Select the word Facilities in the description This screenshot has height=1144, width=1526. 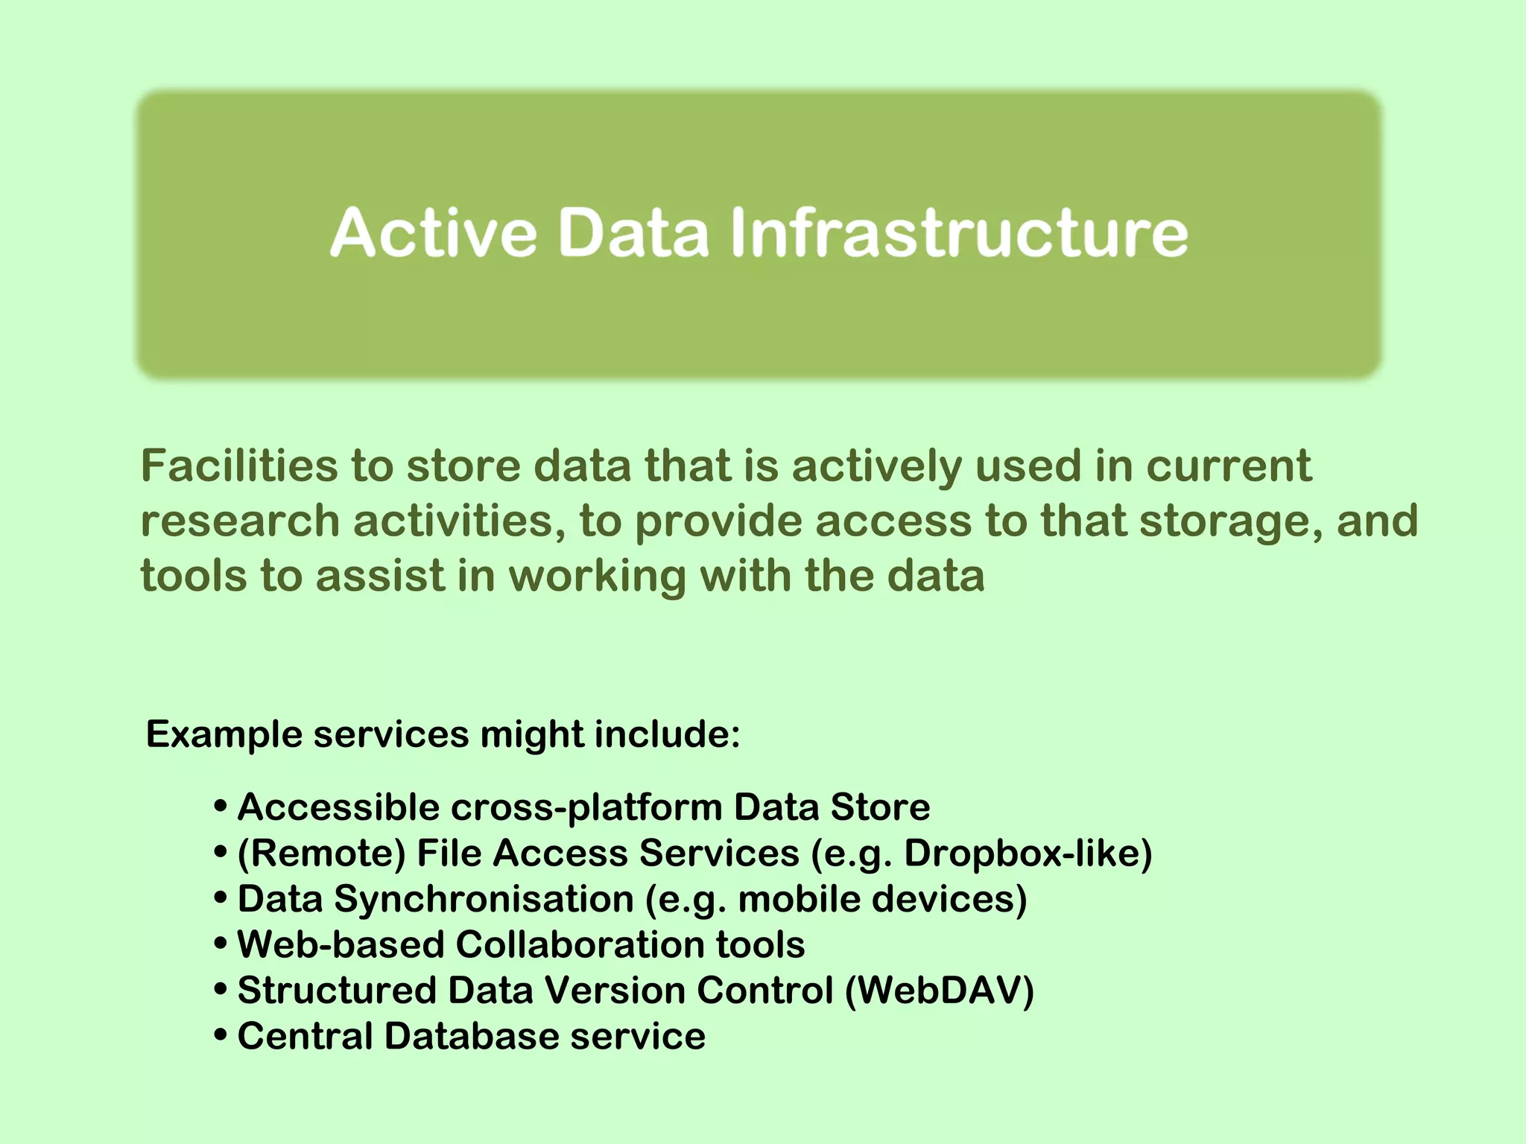[238, 466]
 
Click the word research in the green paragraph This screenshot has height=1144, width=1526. [240, 521]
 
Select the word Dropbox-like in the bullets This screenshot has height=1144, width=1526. [1027, 854]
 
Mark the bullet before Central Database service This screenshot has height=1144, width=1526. [220, 1037]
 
